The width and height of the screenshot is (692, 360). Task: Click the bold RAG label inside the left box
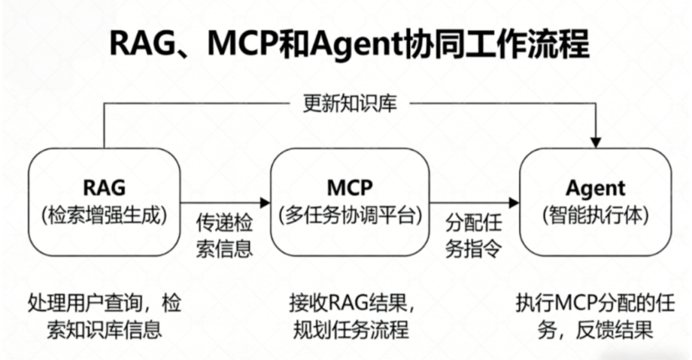click(104, 187)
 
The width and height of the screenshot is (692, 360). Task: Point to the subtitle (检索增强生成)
click(104, 215)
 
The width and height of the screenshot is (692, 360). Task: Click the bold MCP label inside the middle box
click(349, 187)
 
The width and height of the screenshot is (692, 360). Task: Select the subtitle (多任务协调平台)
click(349, 215)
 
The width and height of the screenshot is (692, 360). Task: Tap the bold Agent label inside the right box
click(595, 188)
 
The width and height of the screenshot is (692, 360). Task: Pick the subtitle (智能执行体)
click(595, 215)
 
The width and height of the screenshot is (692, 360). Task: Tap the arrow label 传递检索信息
click(224, 235)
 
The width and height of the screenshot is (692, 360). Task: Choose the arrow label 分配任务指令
click(474, 235)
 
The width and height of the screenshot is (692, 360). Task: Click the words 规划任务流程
click(350, 330)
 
